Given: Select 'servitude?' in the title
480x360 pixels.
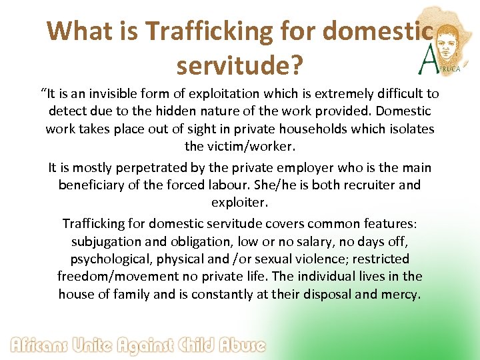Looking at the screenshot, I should click(x=239, y=65).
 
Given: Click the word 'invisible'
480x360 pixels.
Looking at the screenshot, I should click(x=133, y=94).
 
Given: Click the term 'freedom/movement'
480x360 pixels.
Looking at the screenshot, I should click(x=111, y=275).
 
